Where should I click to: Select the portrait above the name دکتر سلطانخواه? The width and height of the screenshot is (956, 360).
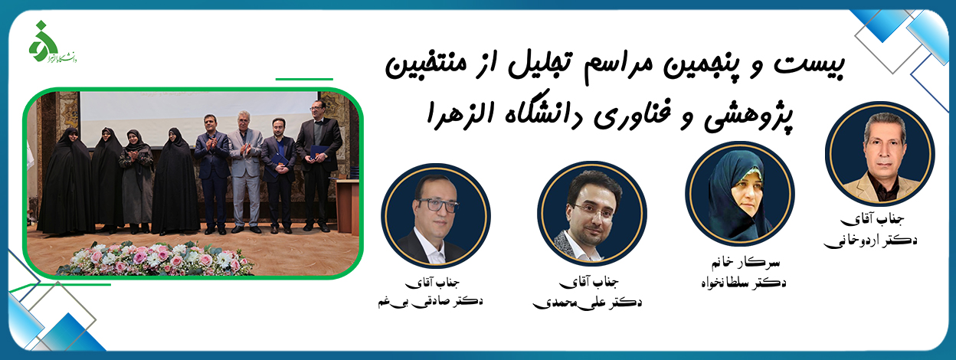[x=740, y=194]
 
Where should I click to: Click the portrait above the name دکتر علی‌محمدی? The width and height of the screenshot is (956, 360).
[x=591, y=214]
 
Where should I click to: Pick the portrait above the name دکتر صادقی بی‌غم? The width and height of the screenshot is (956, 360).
[x=436, y=216]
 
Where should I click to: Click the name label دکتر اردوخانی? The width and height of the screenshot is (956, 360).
[x=870, y=241]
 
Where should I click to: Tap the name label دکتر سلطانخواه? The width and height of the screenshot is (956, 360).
[x=744, y=283]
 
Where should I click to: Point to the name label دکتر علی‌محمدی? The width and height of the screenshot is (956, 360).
[x=588, y=303]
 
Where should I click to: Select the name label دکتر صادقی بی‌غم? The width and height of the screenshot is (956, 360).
[x=431, y=301]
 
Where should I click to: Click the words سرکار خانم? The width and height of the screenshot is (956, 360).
[x=745, y=262]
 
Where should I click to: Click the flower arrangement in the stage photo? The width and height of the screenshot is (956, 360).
[x=156, y=258]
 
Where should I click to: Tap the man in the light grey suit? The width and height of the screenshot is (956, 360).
[x=245, y=171]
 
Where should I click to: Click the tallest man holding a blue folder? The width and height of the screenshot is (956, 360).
[x=318, y=164]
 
